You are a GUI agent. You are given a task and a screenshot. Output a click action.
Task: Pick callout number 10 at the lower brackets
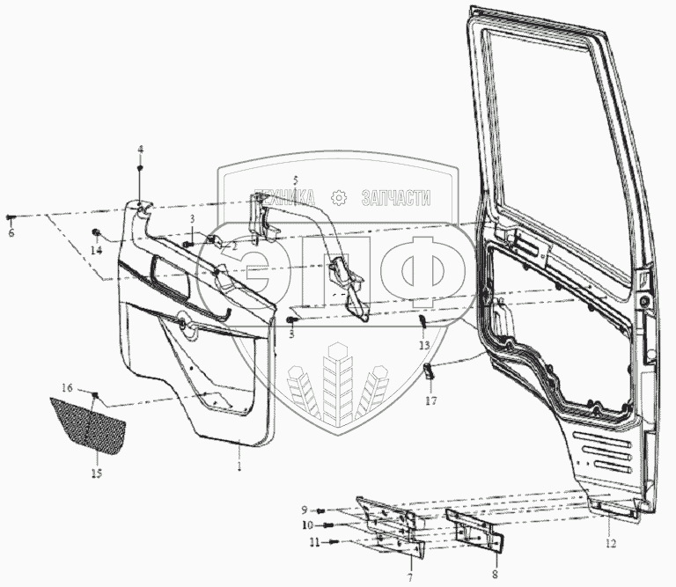[308, 526]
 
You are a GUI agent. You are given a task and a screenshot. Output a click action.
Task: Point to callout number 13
[424, 344]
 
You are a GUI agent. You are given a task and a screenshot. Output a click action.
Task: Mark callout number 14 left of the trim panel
[95, 250]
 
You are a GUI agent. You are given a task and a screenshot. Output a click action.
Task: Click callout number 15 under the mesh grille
[96, 474]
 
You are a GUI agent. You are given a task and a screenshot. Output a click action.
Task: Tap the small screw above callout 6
[10, 216]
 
